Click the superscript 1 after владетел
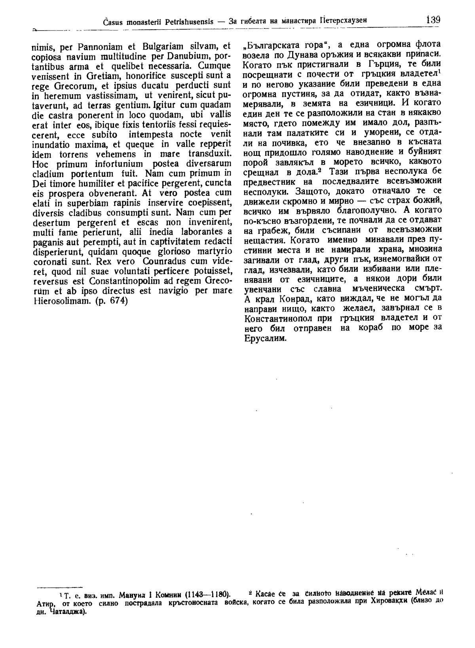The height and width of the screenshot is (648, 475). [440, 71]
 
